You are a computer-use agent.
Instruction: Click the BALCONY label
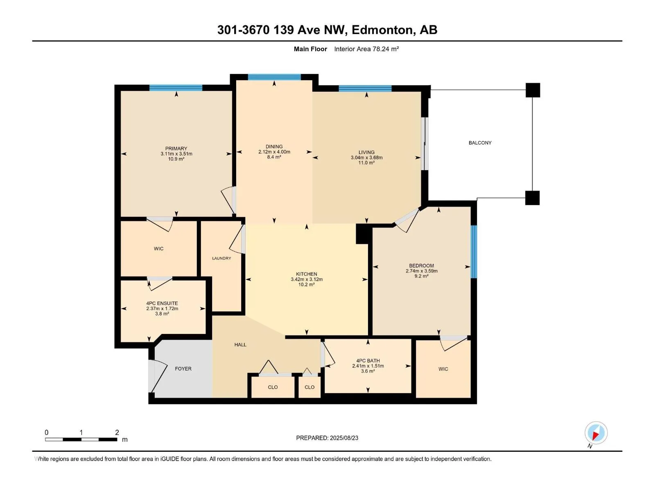coord(480,143)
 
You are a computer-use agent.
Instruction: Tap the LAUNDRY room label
coord(221,258)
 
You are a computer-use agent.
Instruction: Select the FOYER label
coord(183,369)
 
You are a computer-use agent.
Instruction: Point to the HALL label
coord(240,345)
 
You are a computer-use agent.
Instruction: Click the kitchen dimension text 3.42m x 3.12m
coord(307,279)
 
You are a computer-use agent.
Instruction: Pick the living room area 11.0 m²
coord(366,163)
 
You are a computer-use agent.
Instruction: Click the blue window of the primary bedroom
coord(176,88)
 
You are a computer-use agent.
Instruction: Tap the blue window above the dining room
coord(274,77)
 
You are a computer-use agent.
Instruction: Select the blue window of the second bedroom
coord(474,252)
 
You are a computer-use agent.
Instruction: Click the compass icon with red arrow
coord(596,433)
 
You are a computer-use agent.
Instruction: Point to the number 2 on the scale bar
coord(117,432)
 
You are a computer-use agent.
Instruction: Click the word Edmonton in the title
coord(382,30)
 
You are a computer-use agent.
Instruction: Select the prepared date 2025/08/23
coord(344,438)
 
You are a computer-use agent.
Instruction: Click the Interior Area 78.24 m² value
coord(366,49)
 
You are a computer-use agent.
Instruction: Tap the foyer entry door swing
coord(158,376)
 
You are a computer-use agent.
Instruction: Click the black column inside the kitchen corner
coord(363,234)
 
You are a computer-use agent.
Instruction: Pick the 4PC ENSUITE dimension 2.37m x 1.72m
coord(162,309)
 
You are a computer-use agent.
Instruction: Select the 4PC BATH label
coord(368,361)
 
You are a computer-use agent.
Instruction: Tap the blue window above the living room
coord(365,88)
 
